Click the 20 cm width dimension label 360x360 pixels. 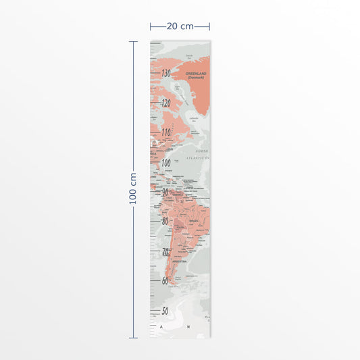[180, 26]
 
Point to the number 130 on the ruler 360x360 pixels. [165, 74]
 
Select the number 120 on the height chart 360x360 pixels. [166, 103]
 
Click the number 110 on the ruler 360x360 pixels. [165, 132]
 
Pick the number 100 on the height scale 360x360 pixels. [165, 162]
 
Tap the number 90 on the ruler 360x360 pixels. [166, 192]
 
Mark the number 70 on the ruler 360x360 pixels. [165, 251]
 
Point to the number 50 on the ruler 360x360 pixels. [164, 311]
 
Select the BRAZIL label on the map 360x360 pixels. [195, 220]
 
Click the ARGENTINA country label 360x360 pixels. [180, 261]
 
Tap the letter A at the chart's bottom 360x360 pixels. [162, 328]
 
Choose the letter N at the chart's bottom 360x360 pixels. [189, 328]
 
